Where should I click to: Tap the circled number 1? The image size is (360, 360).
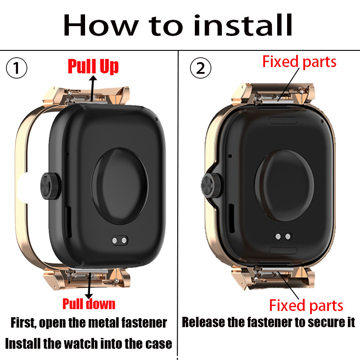tap(17, 68)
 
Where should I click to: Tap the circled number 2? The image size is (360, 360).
tap(200, 68)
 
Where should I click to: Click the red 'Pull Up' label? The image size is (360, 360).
tap(93, 66)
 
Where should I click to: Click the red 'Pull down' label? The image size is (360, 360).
tap(89, 304)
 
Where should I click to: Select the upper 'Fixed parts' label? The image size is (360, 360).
tap(299, 62)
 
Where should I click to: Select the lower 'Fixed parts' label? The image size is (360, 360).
tap(306, 306)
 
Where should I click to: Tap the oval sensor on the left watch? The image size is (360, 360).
tap(120, 184)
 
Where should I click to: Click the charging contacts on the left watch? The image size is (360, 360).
tap(119, 241)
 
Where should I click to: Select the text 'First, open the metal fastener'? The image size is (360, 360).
tap(89, 323)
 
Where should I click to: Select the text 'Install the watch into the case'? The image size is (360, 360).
tap(89, 344)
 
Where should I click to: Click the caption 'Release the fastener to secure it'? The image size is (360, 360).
tap(269, 323)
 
